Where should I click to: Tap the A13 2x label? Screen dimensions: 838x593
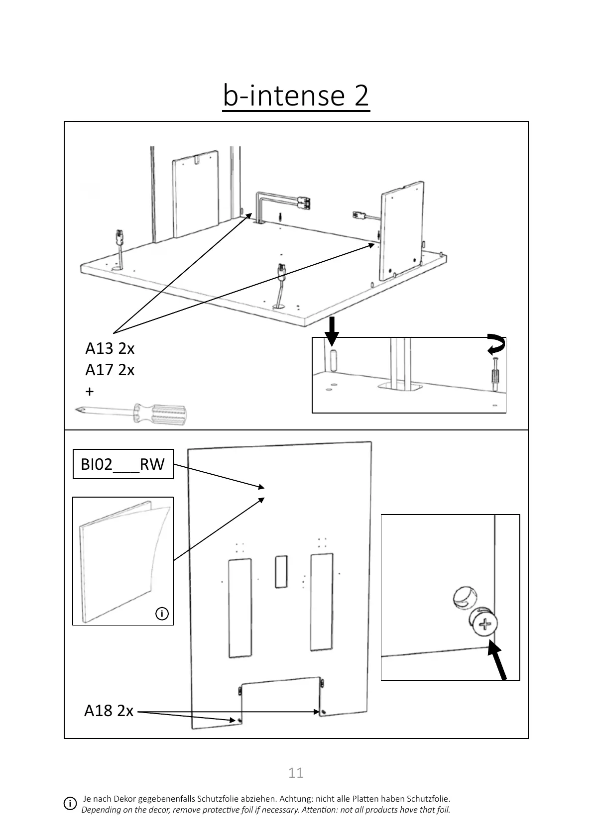110,348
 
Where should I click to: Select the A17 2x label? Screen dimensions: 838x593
110,370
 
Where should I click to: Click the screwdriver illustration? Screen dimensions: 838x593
132,413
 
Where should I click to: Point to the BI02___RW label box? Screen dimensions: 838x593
123,464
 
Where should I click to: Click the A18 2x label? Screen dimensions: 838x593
109,711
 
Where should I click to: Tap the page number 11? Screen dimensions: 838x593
296,772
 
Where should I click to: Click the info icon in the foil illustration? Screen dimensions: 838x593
162,614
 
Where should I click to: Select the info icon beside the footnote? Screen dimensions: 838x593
70,804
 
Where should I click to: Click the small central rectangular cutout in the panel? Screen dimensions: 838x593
281,571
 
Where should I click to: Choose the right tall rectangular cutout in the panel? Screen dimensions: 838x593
322,602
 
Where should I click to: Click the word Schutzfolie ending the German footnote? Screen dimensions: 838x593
428,799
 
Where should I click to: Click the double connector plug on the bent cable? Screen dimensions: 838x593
303,203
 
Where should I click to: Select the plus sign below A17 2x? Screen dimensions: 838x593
90,391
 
